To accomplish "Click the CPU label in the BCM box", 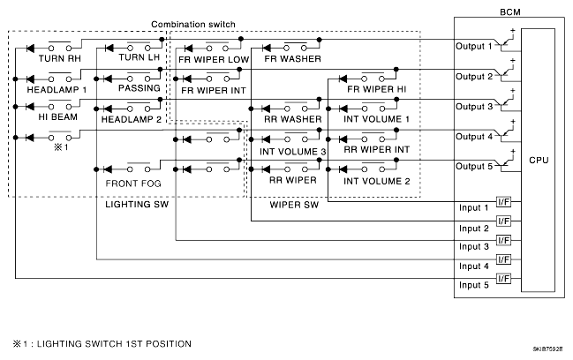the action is point(539,161).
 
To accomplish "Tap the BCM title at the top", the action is point(510,12).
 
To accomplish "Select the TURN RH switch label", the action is point(60,58).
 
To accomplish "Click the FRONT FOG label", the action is point(133,184).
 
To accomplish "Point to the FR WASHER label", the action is point(293,59).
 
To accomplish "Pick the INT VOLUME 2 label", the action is point(377,181).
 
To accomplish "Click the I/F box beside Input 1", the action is point(503,201).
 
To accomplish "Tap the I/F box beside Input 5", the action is point(503,279).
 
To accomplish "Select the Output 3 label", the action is point(474,107).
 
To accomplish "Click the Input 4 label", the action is point(474,266).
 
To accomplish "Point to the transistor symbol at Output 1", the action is point(506,43).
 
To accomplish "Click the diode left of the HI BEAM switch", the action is point(30,107).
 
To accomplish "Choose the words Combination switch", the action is point(193,25).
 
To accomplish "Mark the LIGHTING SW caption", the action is point(137,204).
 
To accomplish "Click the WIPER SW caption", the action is point(294,205).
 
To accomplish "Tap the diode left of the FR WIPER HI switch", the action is point(343,79).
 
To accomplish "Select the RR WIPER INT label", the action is point(377,150).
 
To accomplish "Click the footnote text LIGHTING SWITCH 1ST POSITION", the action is point(114,344).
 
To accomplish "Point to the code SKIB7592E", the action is point(547,349).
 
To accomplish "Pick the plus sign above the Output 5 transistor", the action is point(513,151).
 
